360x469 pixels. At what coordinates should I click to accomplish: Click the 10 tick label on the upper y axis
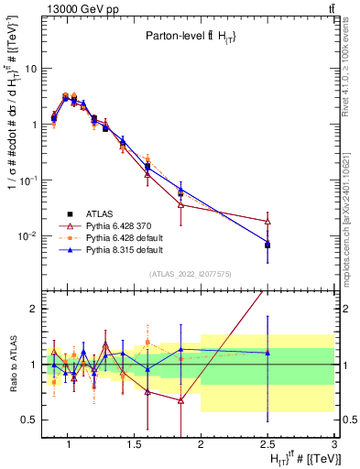31,69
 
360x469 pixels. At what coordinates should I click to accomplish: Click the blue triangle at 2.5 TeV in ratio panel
267,353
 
